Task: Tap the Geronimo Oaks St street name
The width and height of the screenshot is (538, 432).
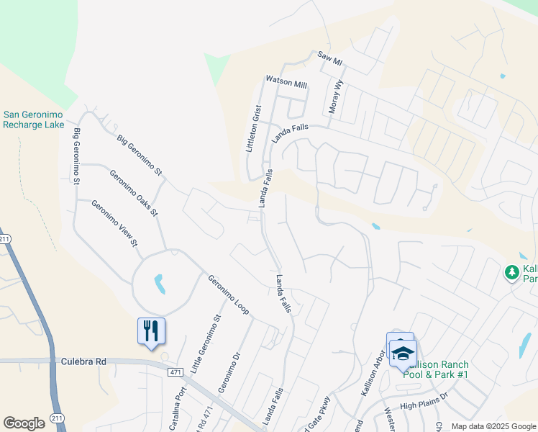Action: [x=134, y=192]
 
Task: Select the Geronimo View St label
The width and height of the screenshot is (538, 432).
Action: [x=114, y=224]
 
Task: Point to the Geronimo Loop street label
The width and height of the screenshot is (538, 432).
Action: [x=228, y=295]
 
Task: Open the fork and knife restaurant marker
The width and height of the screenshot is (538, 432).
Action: [x=152, y=331]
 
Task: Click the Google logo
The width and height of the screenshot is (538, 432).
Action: [x=24, y=423]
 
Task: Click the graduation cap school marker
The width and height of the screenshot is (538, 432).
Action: [x=403, y=352]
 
